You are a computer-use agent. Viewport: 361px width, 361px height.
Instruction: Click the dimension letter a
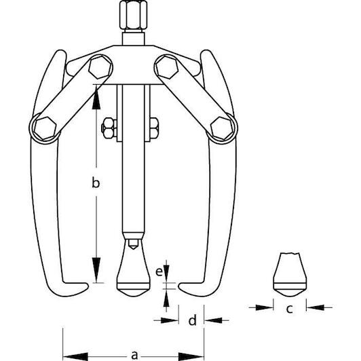134,356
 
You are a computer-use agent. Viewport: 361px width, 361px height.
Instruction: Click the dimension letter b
96,183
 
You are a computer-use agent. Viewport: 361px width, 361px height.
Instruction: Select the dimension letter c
289,308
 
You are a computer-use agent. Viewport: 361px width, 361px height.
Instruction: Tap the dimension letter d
193,320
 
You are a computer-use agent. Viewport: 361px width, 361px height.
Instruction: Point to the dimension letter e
159,271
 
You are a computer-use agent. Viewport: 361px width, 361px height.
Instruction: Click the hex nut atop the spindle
133,15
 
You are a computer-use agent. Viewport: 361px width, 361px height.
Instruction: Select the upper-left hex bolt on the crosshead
100,67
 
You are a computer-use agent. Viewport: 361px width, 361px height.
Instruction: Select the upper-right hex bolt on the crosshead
167,66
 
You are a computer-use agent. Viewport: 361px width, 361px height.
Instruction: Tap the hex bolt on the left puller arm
45,128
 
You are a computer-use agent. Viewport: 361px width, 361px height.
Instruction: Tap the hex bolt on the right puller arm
222,128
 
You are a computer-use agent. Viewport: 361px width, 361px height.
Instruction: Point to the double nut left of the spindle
109,128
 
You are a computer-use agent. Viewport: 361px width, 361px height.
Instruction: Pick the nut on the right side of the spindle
154,128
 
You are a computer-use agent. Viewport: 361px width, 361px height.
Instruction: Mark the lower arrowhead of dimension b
96,270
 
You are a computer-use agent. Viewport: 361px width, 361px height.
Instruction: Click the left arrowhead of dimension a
75,357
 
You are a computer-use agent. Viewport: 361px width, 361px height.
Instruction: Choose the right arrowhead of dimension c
315,307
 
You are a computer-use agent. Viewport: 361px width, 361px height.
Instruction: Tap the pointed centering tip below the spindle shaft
133,244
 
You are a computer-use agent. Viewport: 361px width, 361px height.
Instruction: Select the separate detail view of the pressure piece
290,274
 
